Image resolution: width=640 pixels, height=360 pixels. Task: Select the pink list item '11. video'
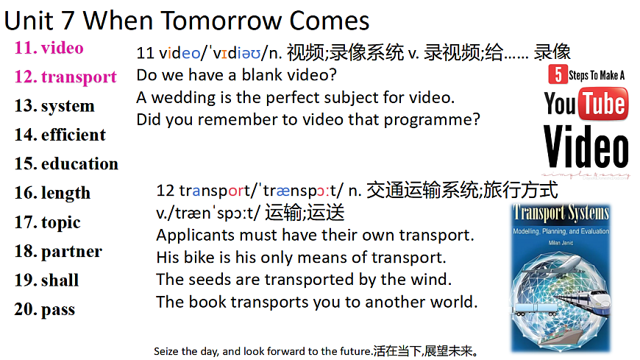tap(49, 48)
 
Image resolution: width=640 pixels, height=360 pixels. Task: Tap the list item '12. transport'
tap(65, 77)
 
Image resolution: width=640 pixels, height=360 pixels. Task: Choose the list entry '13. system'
tap(54, 106)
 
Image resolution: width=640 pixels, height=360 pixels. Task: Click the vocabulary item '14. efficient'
tap(60, 135)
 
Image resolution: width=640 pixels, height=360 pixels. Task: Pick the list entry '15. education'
tap(66, 163)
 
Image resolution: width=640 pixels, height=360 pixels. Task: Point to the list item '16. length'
tap(52, 193)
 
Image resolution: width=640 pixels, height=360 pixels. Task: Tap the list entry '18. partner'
tap(58, 251)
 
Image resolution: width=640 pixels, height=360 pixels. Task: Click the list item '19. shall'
tap(46, 280)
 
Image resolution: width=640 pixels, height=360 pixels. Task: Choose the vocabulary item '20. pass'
tap(44, 309)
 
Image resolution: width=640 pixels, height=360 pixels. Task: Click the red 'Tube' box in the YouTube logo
tap(602, 104)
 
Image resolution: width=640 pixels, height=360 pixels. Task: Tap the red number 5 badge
tap(558, 75)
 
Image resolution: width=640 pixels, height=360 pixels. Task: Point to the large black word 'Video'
tap(586, 147)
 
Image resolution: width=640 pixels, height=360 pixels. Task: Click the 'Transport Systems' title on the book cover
tap(562, 214)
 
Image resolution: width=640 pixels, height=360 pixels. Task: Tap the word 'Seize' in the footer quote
tap(166, 350)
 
